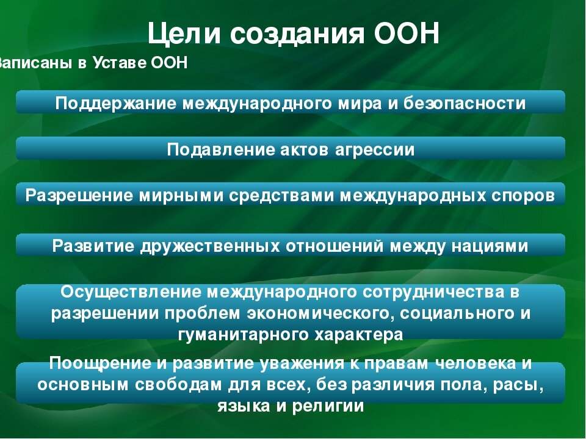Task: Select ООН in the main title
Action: [405, 34]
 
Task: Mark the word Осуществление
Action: [129, 291]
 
